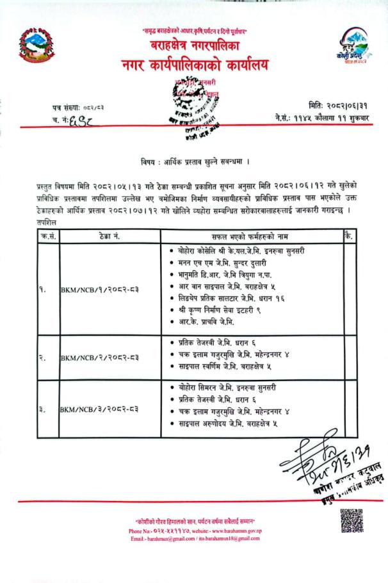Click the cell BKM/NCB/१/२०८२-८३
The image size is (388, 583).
(x=100, y=289)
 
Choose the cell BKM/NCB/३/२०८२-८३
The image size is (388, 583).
(x=100, y=408)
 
